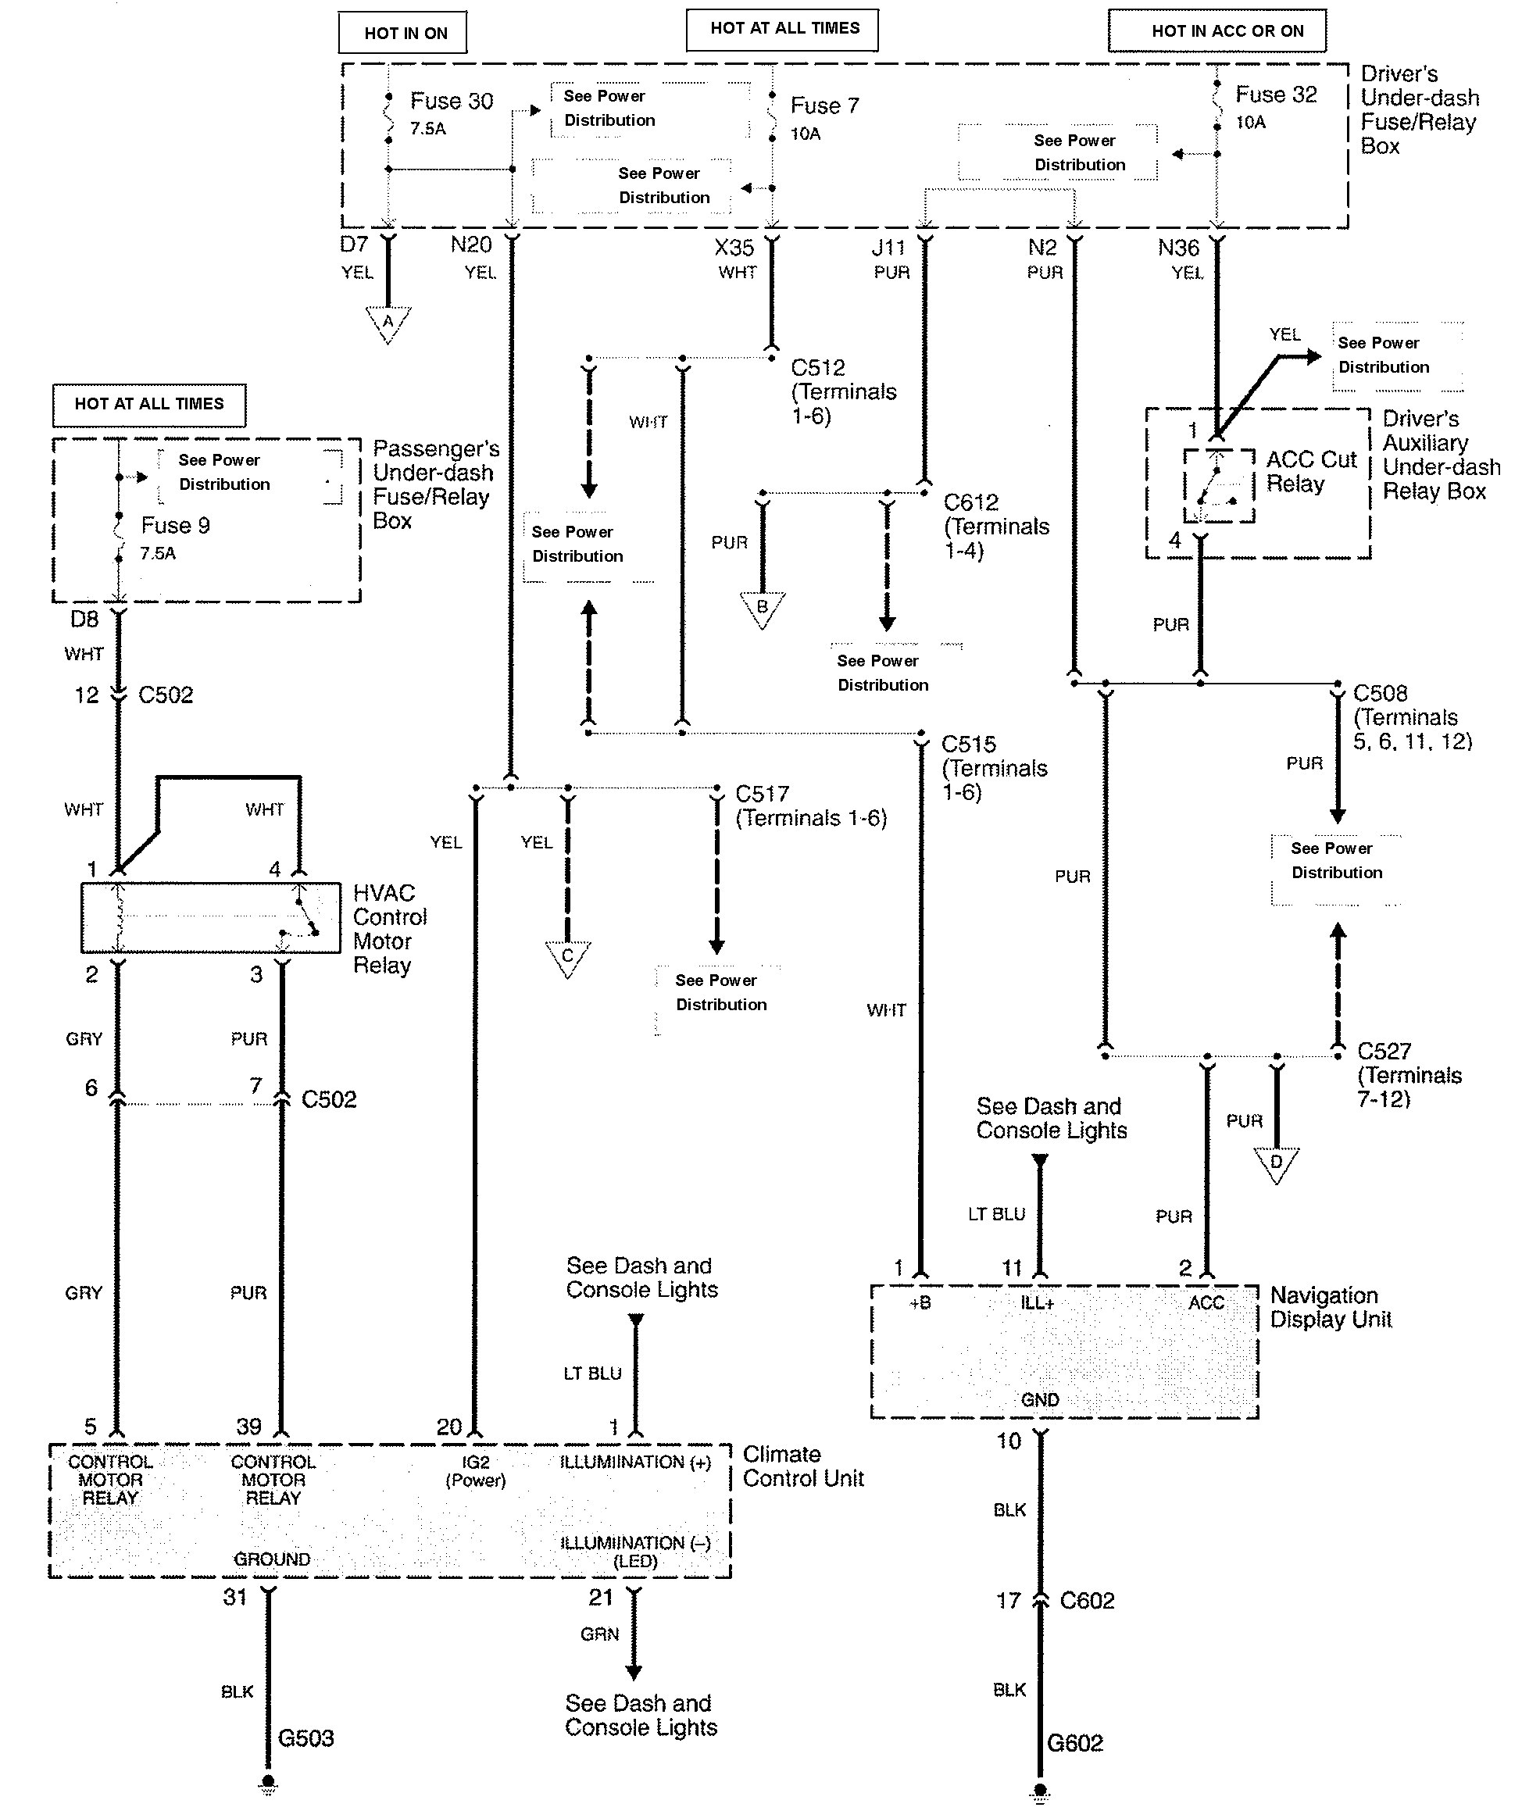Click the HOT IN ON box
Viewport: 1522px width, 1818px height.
click(x=402, y=33)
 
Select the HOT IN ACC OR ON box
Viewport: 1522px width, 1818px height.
click(x=1217, y=31)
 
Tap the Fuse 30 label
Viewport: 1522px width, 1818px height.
click(x=451, y=102)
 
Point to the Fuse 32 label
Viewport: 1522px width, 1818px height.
click(x=1275, y=95)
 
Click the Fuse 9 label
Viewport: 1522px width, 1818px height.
click(x=175, y=526)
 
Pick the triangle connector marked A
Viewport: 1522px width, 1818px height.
click(x=388, y=322)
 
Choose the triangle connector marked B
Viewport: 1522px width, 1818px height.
click(x=762, y=607)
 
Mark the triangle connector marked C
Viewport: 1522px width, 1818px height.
click(x=568, y=956)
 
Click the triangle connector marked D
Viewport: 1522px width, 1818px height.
click(x=1276, y=1162)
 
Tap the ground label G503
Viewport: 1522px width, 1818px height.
click(x=305, y=1738)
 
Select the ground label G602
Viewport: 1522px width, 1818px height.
click(x=1074, y=1743)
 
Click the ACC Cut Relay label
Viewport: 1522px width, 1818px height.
click(x=1310, y=471)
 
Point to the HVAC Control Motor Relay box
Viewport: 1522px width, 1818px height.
click(x=210, y=918)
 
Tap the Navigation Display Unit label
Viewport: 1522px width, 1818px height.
click(x=1330, y=1307)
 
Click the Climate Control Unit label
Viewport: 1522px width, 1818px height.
click(x=802, y=1466)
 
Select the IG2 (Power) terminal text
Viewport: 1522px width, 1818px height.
click(x=475, y=1471)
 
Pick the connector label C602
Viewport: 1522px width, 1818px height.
click(x=1087, y=1601)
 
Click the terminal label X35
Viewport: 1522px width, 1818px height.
click(x=734, y=248)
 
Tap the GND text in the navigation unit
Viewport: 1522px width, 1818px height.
click(x=1039, y=1400)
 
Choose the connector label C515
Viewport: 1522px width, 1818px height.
click(x=968, y=744)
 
